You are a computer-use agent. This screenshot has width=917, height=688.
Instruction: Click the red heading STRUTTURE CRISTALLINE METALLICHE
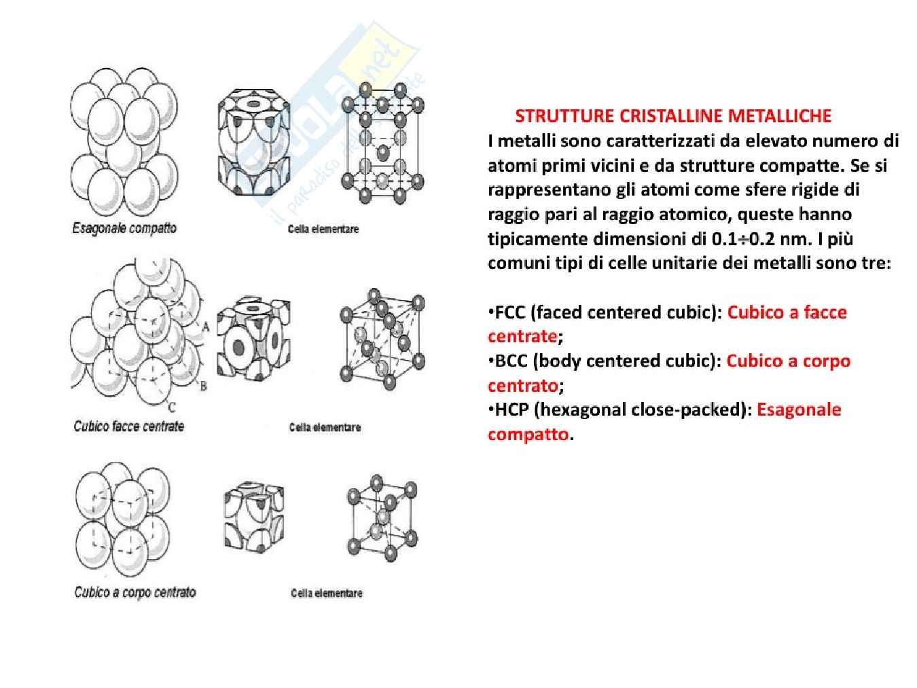673,116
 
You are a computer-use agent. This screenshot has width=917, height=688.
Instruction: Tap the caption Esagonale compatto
124,228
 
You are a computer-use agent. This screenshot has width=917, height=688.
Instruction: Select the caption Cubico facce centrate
128,426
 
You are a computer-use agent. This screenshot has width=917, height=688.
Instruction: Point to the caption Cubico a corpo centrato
135,592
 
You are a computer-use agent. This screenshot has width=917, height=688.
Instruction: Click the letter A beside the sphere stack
206,327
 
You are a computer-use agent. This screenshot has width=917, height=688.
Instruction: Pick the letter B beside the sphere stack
204,386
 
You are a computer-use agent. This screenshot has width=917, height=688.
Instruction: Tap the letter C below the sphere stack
172,406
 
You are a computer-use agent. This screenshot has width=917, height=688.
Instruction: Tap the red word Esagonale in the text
799,410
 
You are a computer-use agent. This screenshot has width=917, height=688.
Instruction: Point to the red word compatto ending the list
528,435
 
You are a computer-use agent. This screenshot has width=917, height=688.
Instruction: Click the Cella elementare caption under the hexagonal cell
323,229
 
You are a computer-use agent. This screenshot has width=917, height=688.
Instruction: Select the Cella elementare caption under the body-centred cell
326,593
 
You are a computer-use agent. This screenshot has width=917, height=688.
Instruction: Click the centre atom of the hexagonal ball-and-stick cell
382,153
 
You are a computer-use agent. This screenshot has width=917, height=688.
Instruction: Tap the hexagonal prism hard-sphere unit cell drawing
254,142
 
